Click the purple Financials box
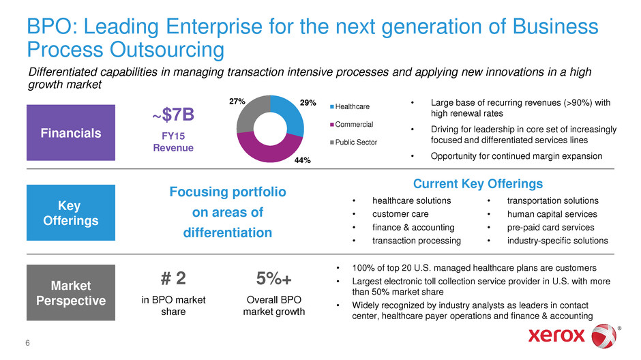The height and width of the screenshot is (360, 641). click(x=71, y=132)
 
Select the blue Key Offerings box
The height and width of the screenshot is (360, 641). click(x=71, y=213)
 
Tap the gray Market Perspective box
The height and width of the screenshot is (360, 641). click(x=71, y=292)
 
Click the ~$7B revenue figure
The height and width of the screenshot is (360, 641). click(x=173, y=115)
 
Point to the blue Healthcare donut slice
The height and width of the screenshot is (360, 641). click(x=291, y=115)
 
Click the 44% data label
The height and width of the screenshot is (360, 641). click(x=303, y=160)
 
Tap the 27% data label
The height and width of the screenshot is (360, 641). click(x=237, y=102)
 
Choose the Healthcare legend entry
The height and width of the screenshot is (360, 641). click(x=350, y=106)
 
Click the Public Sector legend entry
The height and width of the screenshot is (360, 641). click(x=354, y=142)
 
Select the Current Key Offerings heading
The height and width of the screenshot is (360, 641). click(x=478, y=184)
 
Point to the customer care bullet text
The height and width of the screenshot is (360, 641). click(x=400, y=214)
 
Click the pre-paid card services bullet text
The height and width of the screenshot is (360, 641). click(x=551, y=228)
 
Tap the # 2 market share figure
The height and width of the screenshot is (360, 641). click(x=173, y=279)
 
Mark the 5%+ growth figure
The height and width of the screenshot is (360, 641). click(x=274, y=279)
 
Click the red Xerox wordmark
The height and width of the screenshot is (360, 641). click(x=556, y=335)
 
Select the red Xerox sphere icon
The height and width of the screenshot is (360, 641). click(x=604, y=336)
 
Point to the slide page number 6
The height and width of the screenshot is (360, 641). click(x=27, y=343)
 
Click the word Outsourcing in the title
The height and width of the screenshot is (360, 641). click(x=167, y=50)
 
